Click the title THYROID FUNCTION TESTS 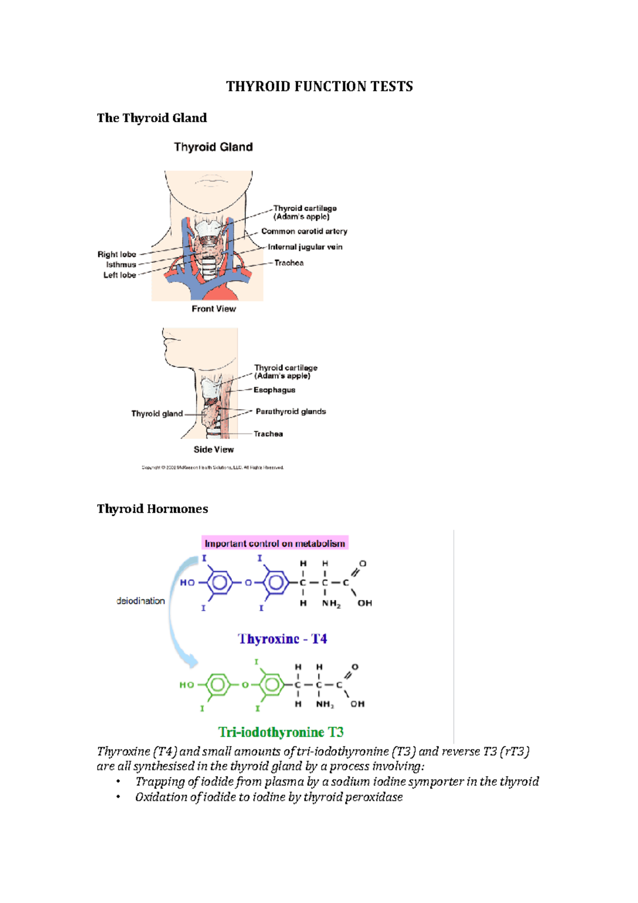(319, 87)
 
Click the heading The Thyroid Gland (152, 118)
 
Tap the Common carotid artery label (304, 231)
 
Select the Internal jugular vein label (305, 247)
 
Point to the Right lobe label (116, 254)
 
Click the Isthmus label (121, 264)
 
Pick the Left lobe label (120, 275)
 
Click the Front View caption (214, 309)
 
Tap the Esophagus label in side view (274, 390)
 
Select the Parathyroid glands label (290, 412)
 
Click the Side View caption (214, 449)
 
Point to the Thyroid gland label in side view (157, 414)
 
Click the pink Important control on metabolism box (275, 544)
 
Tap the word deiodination (140, 601)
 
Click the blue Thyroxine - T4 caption (282, 639)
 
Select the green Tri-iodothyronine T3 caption (281, 732)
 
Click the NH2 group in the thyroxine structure (331, 604)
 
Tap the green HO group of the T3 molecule (187, 685)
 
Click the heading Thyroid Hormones (152, 509)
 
